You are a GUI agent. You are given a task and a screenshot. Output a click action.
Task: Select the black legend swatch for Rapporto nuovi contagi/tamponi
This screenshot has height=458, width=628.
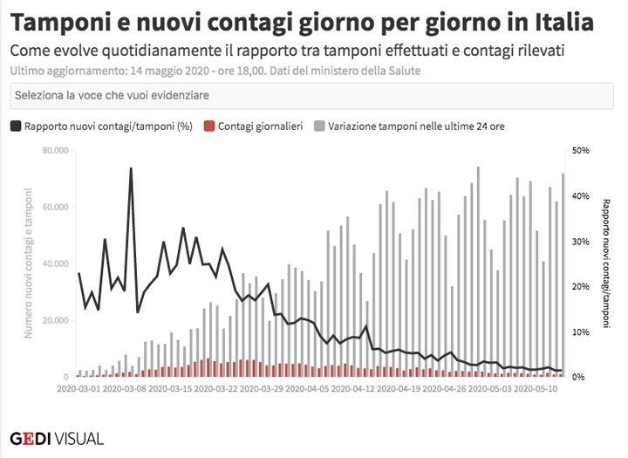(16, 126)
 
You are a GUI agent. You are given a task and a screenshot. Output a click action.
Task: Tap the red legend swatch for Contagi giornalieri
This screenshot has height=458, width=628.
(208, 126)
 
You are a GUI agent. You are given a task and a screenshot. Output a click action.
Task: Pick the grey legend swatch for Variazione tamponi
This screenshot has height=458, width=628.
(318, 126)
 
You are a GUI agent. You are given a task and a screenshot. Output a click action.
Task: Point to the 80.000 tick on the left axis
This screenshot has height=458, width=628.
(55, 151)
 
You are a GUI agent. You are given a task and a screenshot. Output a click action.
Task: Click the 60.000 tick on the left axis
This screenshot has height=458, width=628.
(55, 208)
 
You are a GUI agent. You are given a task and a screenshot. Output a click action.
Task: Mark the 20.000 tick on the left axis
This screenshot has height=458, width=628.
(55, 320)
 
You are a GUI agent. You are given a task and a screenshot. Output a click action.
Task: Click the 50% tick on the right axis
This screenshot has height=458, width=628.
(580, 151)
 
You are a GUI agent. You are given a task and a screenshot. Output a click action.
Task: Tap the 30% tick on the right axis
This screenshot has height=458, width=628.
(580, 241)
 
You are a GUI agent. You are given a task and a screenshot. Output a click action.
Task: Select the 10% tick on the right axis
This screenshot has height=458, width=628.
(580, 332)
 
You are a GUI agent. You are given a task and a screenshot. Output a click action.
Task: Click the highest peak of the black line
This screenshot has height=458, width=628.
(131, 168)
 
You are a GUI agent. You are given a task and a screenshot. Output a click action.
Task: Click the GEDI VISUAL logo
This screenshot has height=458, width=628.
(57, 438)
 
